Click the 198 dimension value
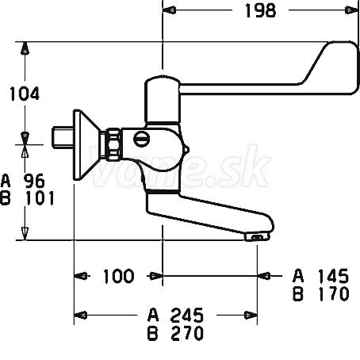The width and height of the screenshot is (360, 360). tap(260, 10)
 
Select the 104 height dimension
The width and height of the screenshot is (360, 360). tap(25, 94)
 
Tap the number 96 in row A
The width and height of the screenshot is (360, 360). tap(34, 181)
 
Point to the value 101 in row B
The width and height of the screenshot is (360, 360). tap(40, 198)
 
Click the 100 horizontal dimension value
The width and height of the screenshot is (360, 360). tap(118, 276)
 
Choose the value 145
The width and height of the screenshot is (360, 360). tap(333, 276)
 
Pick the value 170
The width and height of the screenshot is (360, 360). tap(334, 294)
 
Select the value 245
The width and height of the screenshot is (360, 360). tap(187, 316)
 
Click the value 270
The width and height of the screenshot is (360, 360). tap(187, 333)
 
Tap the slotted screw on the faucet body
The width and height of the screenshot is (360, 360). tap(142, 139)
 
